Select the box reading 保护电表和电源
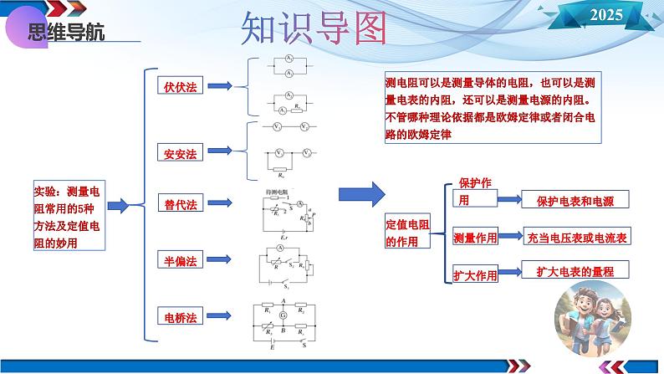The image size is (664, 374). [575, 201]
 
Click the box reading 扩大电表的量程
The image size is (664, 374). [575, 271]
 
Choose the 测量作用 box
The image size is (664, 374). [474, 238]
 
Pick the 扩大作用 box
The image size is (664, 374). [474, 274]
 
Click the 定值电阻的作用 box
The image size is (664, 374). [406, 233]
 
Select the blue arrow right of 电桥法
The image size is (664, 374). [220, 317]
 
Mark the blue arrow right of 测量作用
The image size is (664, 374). [509, 238]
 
